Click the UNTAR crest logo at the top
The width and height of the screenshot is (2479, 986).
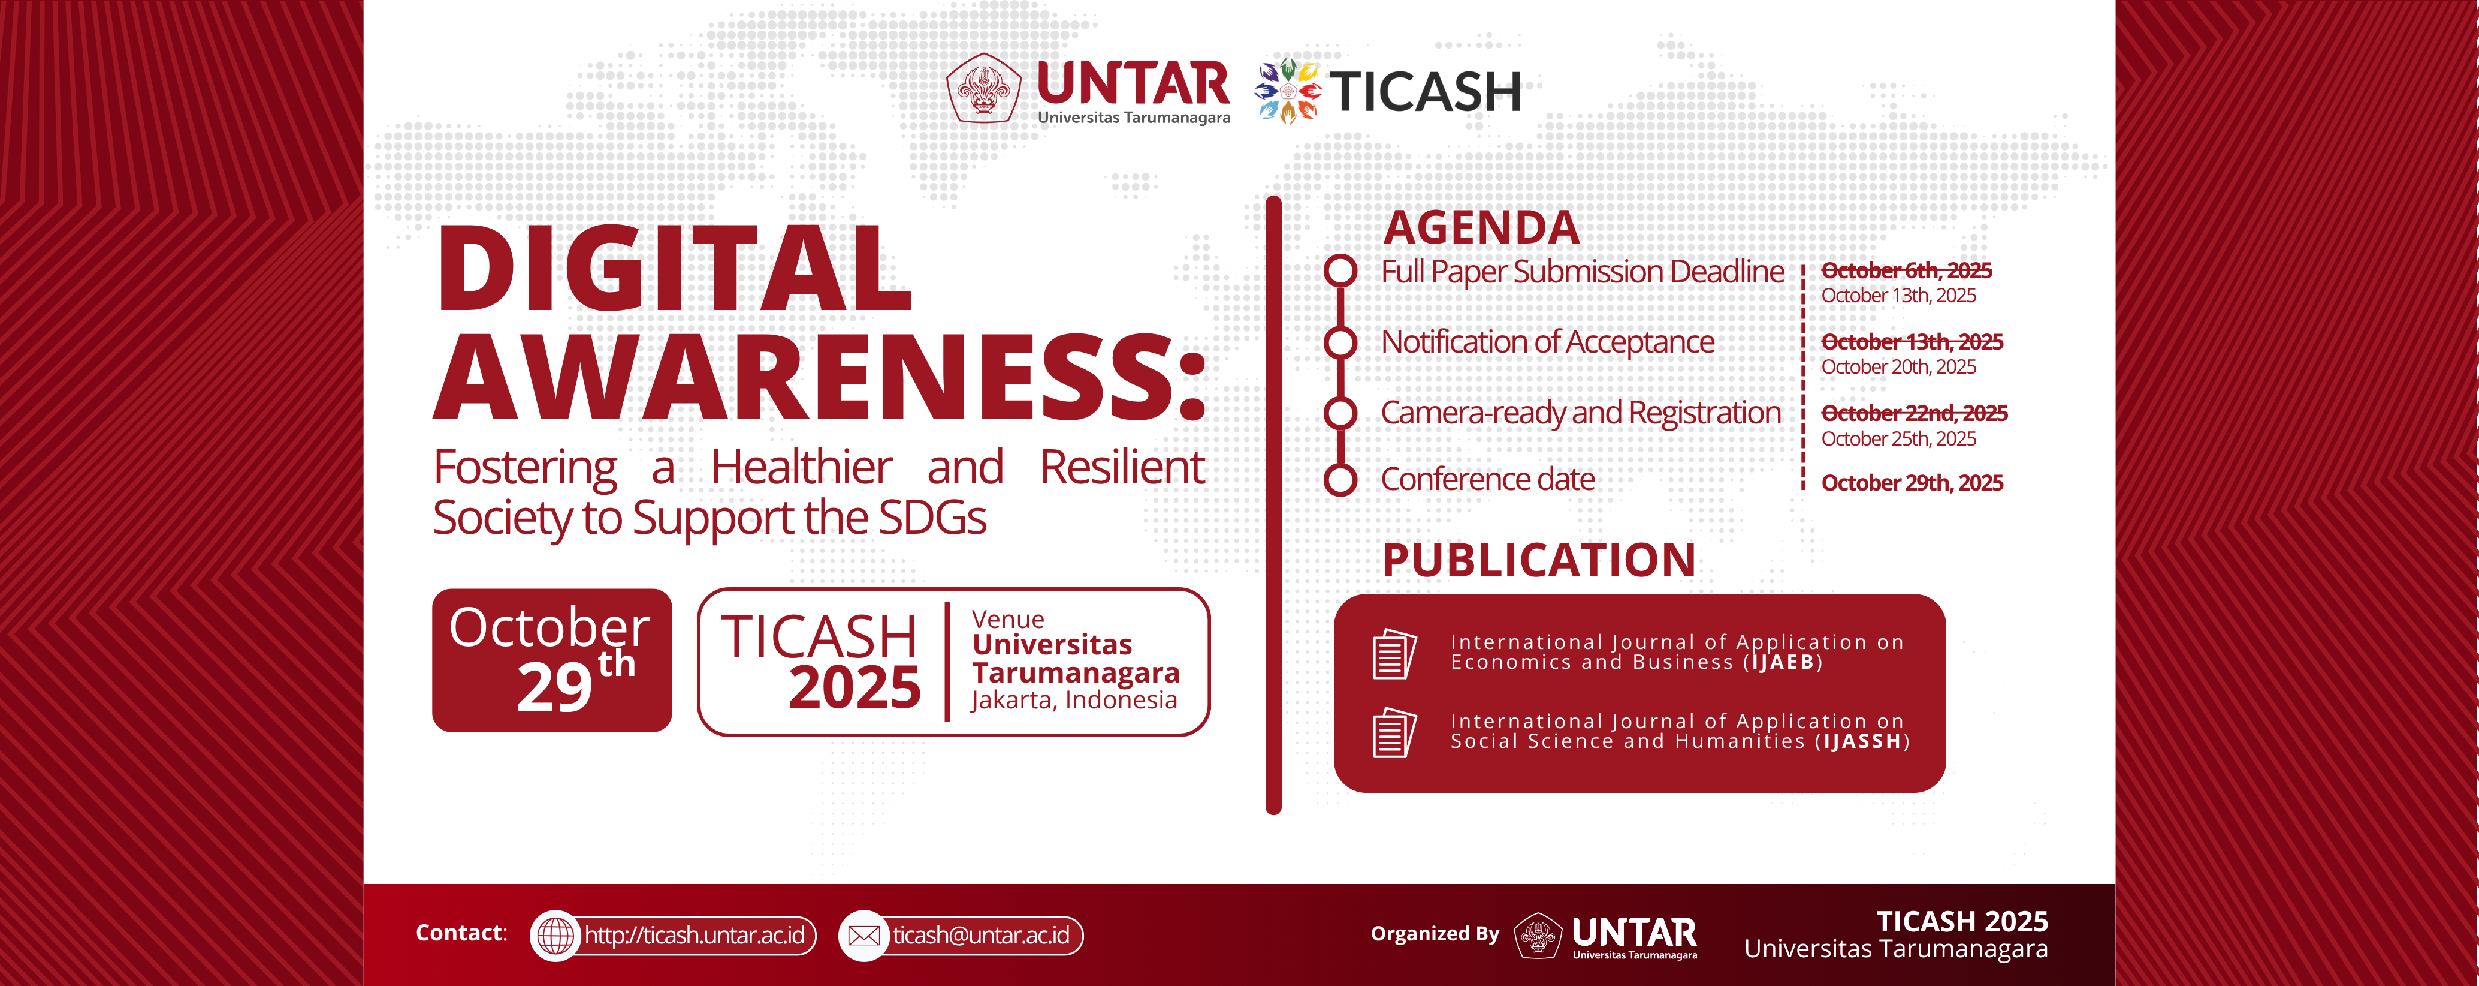[x=983, y=89]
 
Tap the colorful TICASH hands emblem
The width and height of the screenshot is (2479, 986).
[x=1288, y=91]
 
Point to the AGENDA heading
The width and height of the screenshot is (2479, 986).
[x=1481, y=228]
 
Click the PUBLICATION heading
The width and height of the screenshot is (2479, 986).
[x=1539, y=560]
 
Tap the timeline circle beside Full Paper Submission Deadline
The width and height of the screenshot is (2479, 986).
[x=1340, y=270]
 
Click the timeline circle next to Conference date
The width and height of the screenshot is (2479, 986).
[x=1340, y=480]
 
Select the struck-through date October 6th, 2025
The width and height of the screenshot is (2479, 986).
[x=1906, y=270]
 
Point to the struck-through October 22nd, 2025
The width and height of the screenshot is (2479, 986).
[x=1914, y=413]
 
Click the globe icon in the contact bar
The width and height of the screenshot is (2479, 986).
[x=555, y=935]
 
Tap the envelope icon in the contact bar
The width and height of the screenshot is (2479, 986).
[x=864, y=935]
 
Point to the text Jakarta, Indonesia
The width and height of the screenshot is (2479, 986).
[x=1074, y=700]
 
